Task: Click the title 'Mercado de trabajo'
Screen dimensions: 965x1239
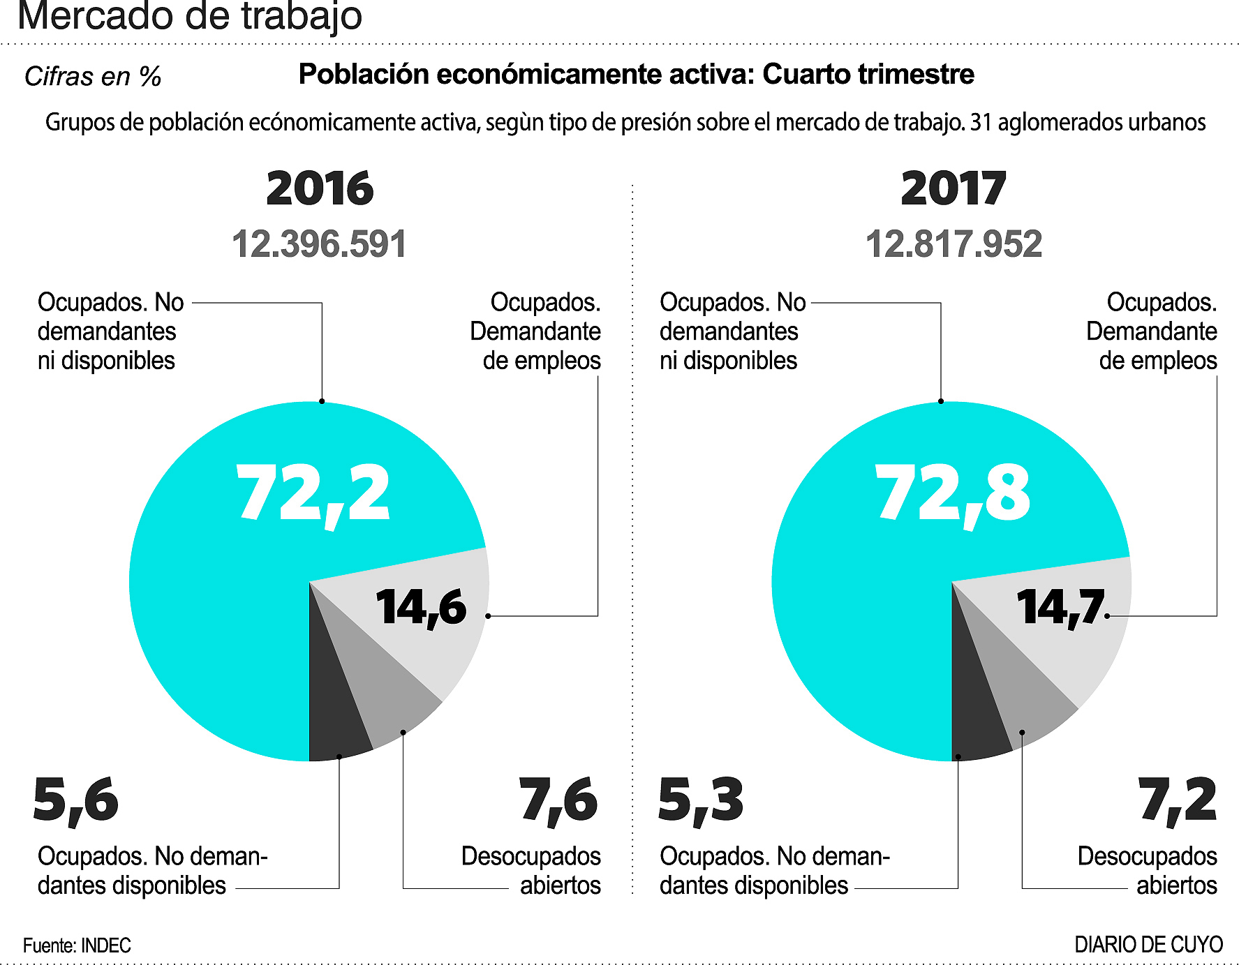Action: point(189,16)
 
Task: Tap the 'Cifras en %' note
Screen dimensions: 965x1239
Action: point(93,76)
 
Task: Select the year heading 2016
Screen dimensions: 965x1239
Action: point(320,188)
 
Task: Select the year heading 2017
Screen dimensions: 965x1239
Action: point(954,188)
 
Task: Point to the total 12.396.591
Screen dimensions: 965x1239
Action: point(319,244)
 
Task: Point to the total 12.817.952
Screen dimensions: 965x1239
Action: point(954,244)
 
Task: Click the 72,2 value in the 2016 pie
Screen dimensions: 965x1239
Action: point(313,493)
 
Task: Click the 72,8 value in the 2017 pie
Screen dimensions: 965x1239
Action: point(953,493)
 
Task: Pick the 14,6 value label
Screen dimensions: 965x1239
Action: point(421,607)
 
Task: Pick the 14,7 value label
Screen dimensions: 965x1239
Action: point(1060,607)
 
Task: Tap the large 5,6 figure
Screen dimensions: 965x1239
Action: point(75,800)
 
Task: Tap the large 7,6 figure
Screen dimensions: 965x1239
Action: point(558,800)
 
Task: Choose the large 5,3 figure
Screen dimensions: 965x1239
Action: point(701,800)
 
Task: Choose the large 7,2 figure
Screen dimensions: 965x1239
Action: point(1178,800)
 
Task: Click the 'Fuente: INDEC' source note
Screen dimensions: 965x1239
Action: point(77,945)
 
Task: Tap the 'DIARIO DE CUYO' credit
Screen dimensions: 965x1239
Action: point(1148,945)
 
